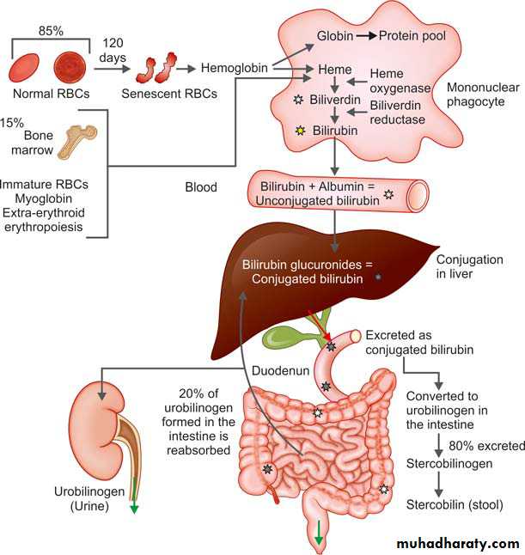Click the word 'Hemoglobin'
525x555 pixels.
[232, 67]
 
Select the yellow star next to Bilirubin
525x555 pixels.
[300, 131]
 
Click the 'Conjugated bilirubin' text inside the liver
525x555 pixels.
[304, 278]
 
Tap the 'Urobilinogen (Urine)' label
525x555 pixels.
[89, 499]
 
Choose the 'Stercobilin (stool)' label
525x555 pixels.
[455, 503]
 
